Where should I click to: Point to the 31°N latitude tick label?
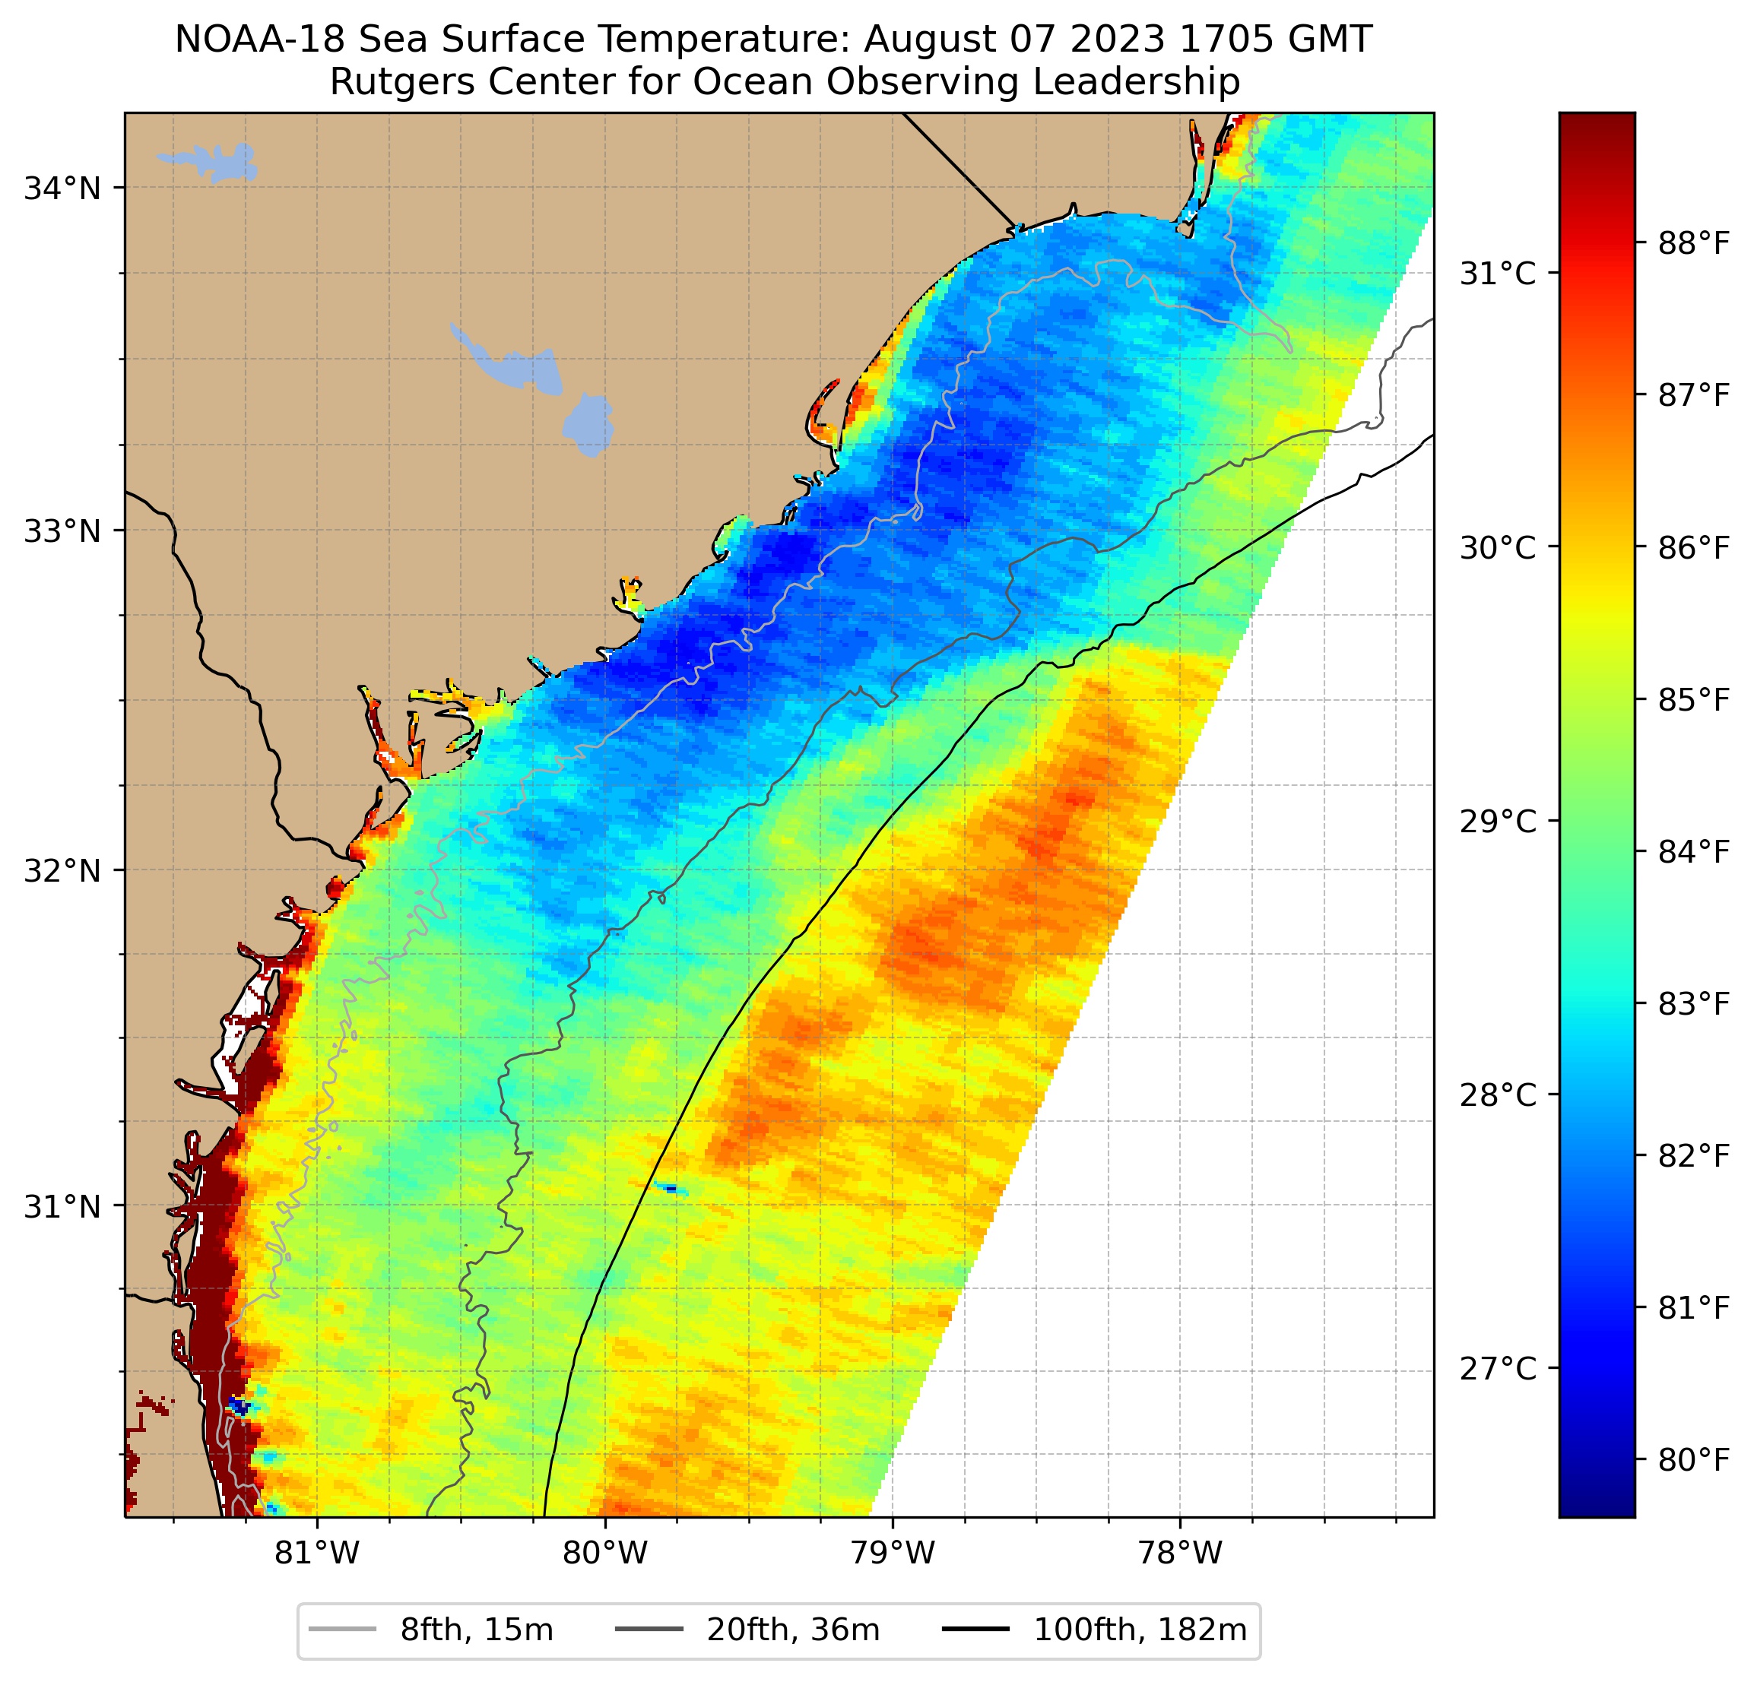pyautogui.click(x=62, y=1207)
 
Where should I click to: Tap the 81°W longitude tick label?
pyautogui.click(x=317, y=1552)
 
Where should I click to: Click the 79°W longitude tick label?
pyautogui.click(x=893, y=1552)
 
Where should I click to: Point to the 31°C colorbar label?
pyautogui.click(x=1498, y=274)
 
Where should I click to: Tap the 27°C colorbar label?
pyautogui.click(x=1498, y=1369)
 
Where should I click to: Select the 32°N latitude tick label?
pyautogui.click(x=62, y=870)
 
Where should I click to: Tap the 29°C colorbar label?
pyautogui.click(x=1498, y=822)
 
